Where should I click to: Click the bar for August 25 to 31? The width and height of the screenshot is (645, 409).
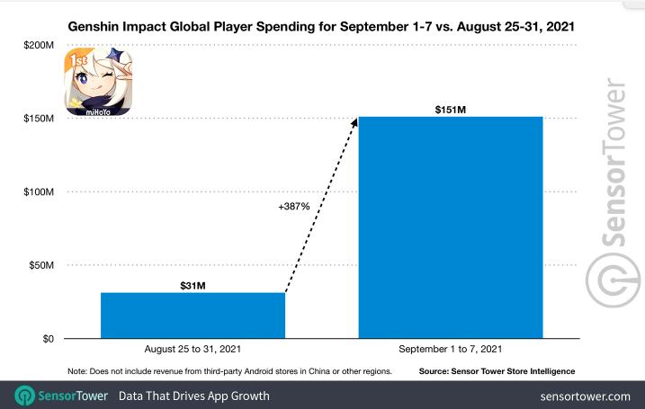click(x=193, y=315)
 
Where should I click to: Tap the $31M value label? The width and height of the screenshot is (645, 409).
click(x=193, y=285)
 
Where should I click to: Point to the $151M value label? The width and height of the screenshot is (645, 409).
click(x=450, y=109)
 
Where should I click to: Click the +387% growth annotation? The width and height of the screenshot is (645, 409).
click(x=294, y=207)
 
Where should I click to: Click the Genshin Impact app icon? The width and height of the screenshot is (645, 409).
click(x=97, y=84)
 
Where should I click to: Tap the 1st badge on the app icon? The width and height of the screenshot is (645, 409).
click(x=76, y=62)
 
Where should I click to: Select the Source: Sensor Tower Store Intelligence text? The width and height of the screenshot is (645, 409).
click(x=497, y=371)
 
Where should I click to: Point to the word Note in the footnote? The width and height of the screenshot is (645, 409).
click(x=77, y=371)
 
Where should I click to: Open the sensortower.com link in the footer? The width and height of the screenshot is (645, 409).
click(x=586, y=396)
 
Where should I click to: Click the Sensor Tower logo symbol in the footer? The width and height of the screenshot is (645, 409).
click(x=25, y=396)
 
